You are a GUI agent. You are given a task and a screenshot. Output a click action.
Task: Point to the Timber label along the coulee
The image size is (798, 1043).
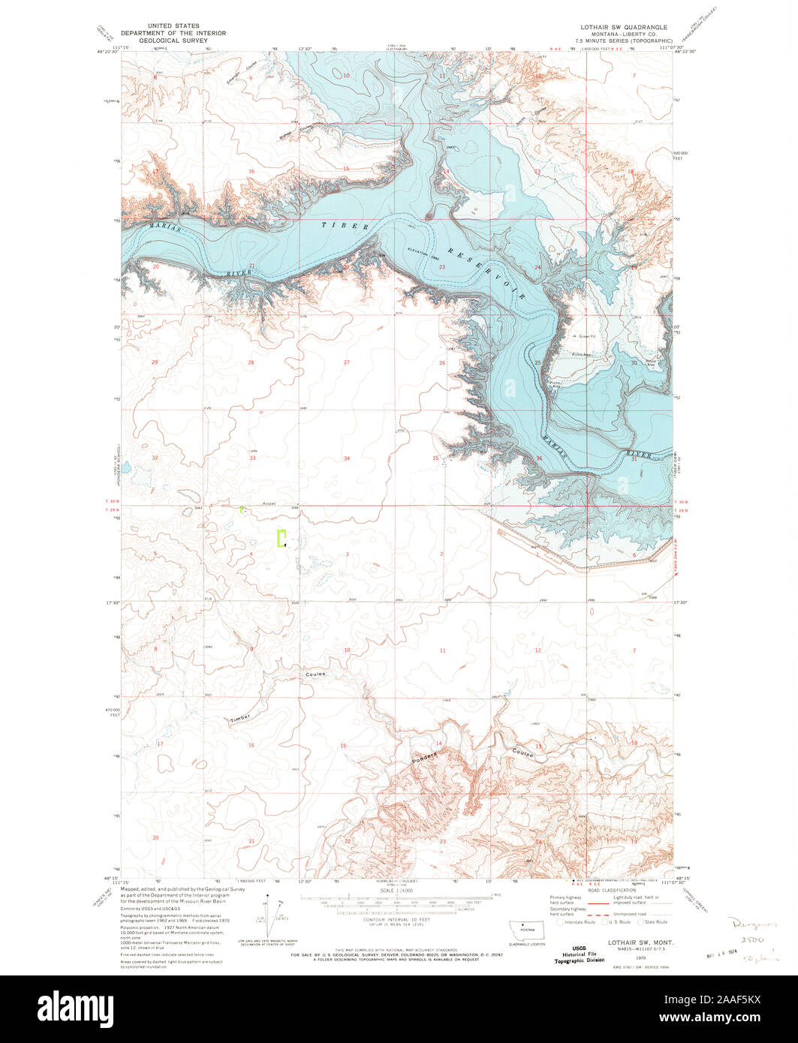click(241, 718)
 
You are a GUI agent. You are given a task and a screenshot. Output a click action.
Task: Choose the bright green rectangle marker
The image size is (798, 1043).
click(282, 539)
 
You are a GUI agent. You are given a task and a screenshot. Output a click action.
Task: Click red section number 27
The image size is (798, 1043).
click(346, 362)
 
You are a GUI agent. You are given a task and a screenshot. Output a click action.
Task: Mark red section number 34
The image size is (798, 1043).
click(346, 458)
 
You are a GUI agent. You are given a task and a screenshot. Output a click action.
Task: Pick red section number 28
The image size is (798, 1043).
click(251, 362)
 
